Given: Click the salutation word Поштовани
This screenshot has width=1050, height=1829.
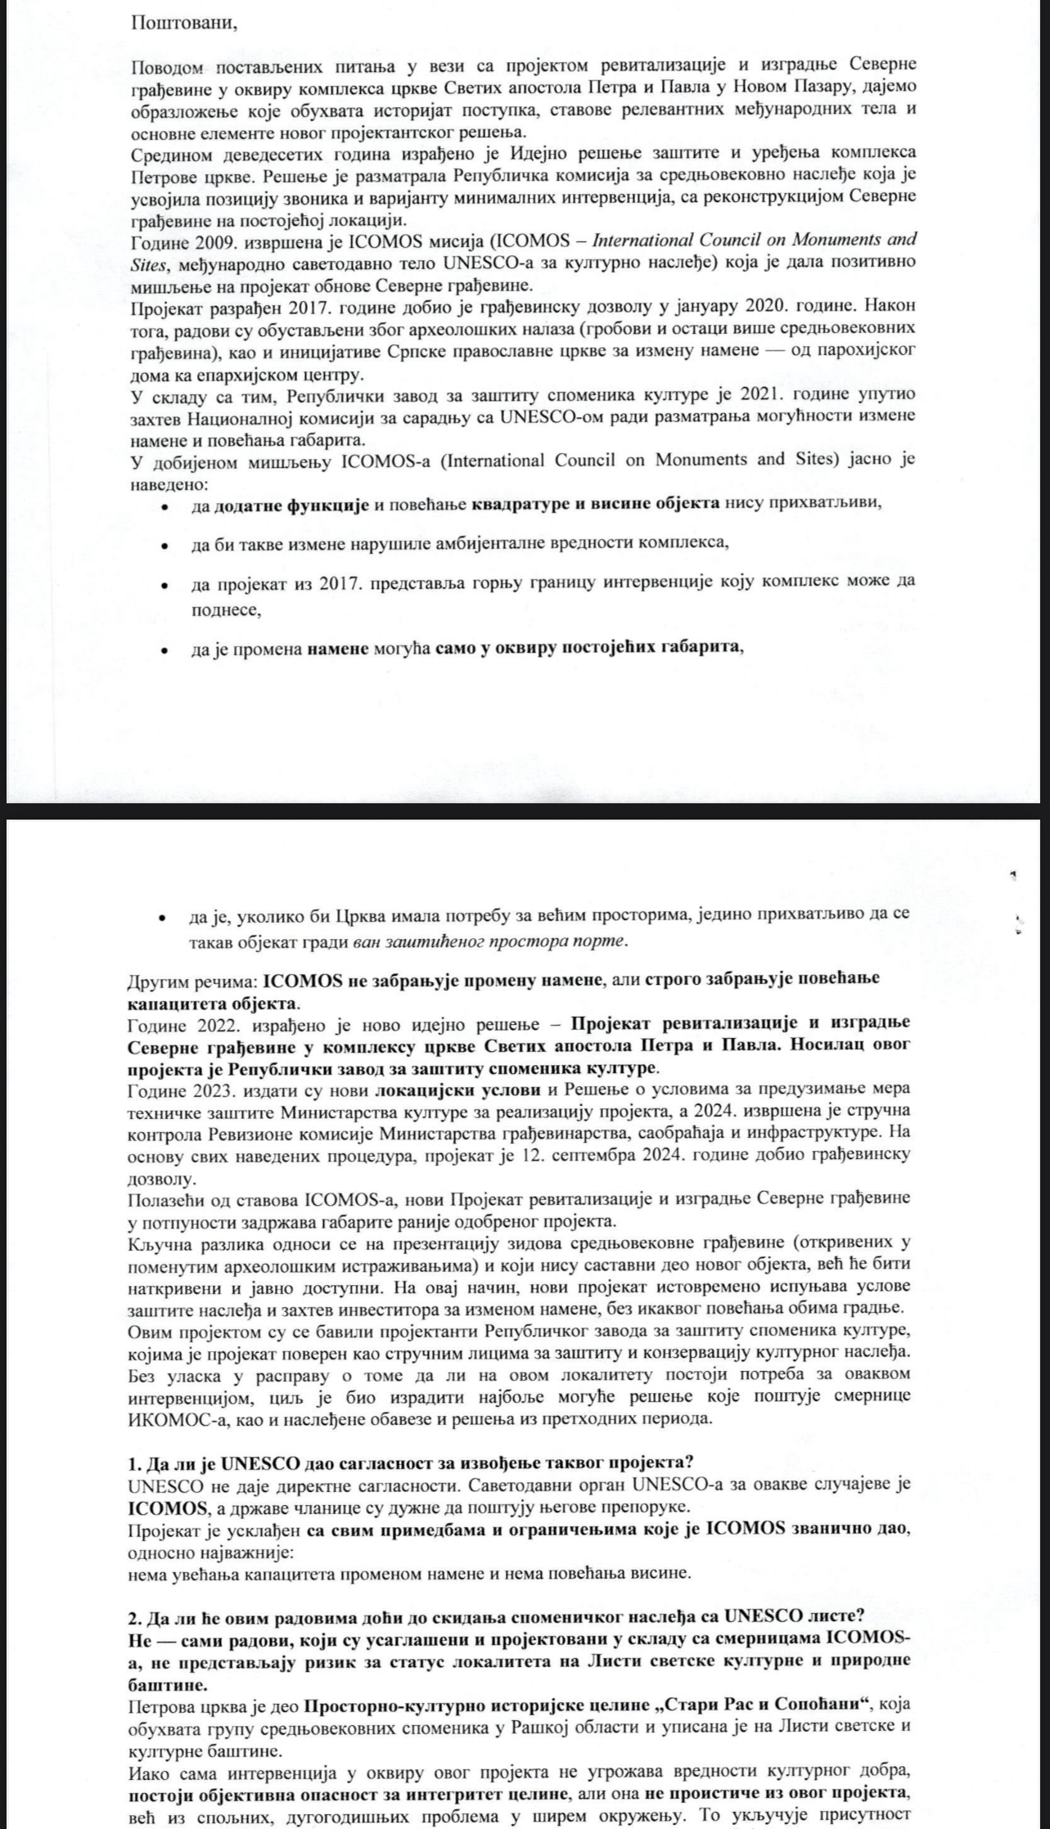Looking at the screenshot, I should click(184, 22).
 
